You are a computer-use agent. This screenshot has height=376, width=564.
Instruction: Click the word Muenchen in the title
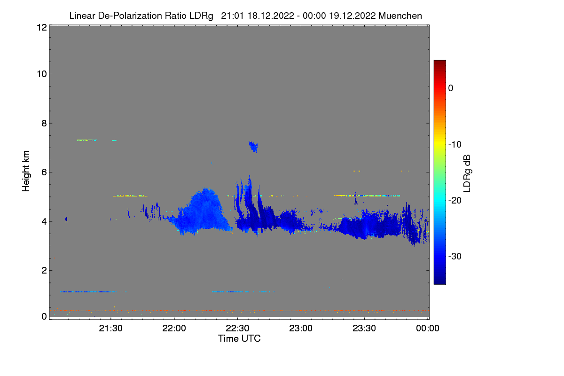(x=400, y=16)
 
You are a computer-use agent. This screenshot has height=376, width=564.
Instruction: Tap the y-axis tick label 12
(x=41, y=27)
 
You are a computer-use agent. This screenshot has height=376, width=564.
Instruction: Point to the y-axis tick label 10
(x=41, y=74)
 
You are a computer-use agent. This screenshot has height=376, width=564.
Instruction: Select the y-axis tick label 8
(x=44, y=123)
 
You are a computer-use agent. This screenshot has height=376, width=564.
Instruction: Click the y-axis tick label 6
(x=44, y=172)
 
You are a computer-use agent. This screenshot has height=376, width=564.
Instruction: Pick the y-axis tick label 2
(x=44, y=270)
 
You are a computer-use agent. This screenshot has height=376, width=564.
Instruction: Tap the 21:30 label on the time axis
(x=110, y=329)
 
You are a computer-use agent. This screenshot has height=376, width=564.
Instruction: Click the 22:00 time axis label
(x=174, y=329)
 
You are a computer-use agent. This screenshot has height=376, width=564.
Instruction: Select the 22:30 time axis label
(x=237, y=329)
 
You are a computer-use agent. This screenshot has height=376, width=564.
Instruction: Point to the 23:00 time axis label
(x=301, y=329)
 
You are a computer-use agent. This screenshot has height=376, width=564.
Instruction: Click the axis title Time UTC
(x=239, y=338)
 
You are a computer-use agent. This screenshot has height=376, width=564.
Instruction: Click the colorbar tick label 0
(x=451, y=88)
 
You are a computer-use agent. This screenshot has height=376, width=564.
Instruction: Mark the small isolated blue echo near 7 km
(x=254, y=147)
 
